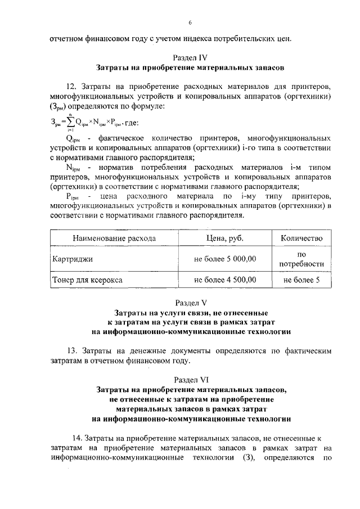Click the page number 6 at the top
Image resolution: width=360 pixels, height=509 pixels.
pos(190,22)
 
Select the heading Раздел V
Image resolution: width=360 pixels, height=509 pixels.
pos(191,302)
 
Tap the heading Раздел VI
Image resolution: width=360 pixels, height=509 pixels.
pos(191,379)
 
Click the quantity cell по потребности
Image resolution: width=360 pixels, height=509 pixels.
pos(302,259)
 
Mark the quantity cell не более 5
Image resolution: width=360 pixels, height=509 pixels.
pos(302,279)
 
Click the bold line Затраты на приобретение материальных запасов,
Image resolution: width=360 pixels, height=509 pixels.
pos(191,389)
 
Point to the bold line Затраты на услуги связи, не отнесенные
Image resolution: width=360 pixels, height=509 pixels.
pos(191,312)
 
